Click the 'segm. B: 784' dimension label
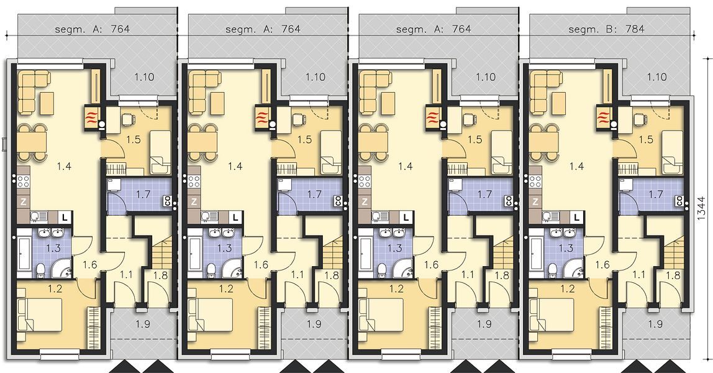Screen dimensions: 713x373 (606, 29)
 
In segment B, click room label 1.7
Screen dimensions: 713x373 (656, 195)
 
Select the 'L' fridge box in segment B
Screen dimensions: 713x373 (576, 218)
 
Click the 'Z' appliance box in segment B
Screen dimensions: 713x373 (535, 201)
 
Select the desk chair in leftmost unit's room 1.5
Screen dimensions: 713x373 (128, 118)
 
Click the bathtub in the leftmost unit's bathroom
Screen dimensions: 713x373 (23, 254)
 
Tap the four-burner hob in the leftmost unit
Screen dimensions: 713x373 (23, 182)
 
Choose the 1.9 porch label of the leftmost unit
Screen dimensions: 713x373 (143, 325)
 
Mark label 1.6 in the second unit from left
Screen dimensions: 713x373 (261, 264)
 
